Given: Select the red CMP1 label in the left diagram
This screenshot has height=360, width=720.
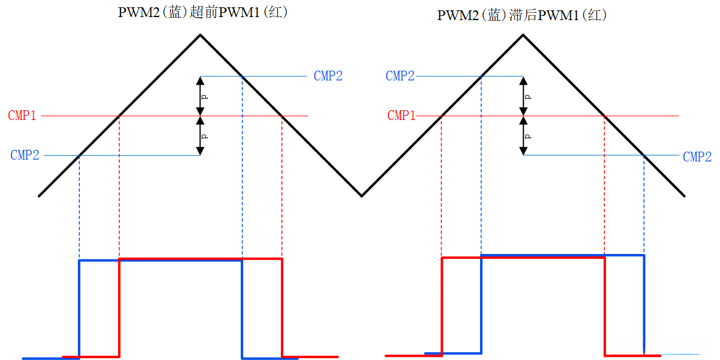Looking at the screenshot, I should (22, 116).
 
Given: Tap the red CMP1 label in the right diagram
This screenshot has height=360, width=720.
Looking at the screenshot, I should (401, 116).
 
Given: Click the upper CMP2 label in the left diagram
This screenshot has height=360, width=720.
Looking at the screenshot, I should (328, 76).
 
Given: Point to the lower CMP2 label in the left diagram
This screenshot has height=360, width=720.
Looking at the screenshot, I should (25, 155).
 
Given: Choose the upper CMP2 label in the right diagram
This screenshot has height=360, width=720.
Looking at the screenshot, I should (400, 76).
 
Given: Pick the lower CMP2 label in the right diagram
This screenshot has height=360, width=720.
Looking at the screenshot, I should (697, 157).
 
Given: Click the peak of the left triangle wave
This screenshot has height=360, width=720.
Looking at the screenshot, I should (200, 35).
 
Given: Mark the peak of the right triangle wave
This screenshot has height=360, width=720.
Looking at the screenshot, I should (523, 35).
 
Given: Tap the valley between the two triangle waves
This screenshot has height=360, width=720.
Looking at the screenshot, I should (362, 196).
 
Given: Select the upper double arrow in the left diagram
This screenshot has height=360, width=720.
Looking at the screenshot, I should (200, 96).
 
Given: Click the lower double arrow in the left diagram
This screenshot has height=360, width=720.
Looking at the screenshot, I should (200, 135).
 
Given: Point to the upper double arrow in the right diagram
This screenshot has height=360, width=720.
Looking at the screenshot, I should (523, 96).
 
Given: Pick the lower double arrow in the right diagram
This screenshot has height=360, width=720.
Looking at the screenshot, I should (523, 135).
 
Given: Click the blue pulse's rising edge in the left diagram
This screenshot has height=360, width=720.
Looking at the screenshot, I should (79, 308).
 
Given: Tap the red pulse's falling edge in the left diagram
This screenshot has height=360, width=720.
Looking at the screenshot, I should (282, 308).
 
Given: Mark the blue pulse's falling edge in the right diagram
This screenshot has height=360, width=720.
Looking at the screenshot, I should (644, 305).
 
